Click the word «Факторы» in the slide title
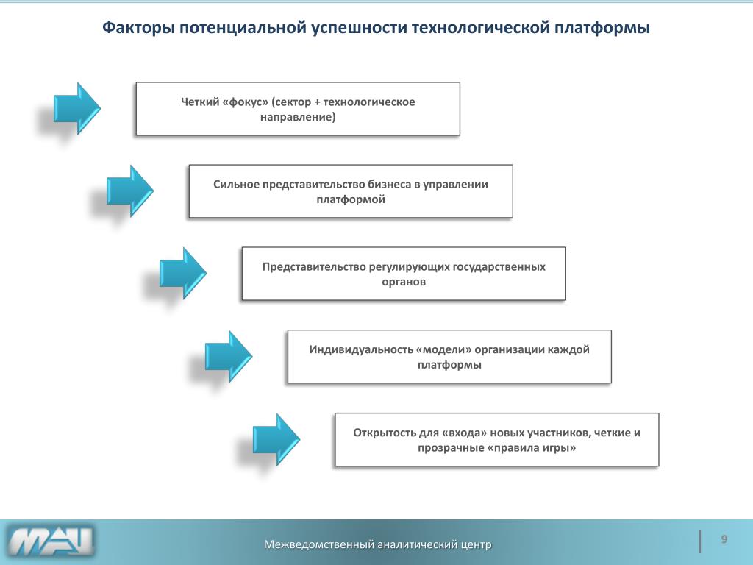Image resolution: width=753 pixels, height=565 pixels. (x=138, y=29)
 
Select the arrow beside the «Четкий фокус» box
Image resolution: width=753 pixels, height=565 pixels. (x=76, y=108)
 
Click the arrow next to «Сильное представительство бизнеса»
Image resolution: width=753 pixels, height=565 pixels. (x=129, y=191)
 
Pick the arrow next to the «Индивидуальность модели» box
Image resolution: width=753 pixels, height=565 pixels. (x=228, y=356)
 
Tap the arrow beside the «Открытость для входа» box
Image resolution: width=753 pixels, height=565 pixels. (x=276, y=439)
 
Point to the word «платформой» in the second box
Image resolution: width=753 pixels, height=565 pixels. (x=351, y=199)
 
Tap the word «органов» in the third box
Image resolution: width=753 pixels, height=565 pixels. (x=404, y=281)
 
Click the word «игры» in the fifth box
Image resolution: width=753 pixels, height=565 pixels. (x=555, y=447)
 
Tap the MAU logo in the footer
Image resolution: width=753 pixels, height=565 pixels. (x=51, y=542)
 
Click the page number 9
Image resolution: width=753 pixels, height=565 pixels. (x=724, y=540)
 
